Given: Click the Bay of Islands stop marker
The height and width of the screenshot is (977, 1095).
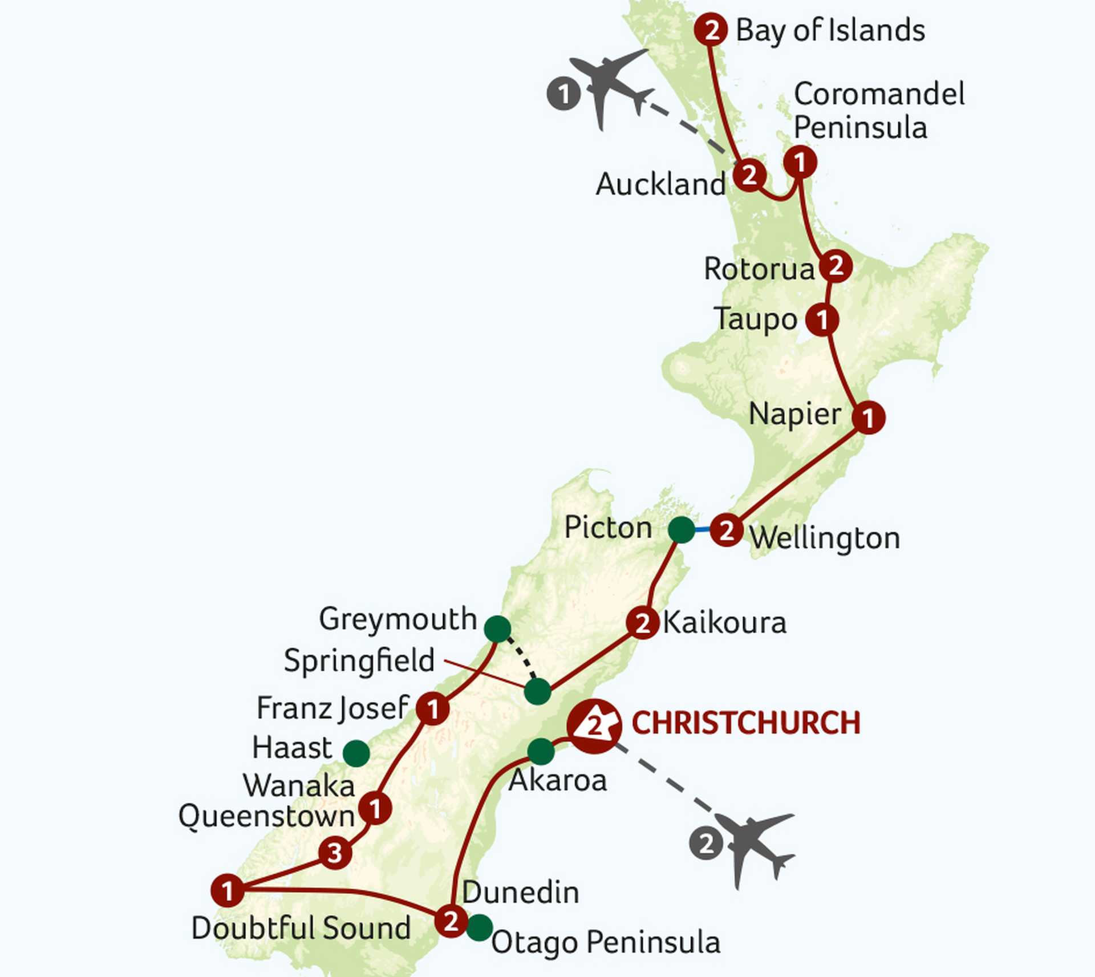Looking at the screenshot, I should pos(711,29).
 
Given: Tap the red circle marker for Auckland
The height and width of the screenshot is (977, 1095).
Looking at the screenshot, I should pos(749,175).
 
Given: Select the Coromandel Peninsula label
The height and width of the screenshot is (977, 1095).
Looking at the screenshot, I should pos(878,110).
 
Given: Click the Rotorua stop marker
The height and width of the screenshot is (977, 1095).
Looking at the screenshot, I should pos(836,266).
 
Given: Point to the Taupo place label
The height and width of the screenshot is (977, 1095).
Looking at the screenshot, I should pos(756,319).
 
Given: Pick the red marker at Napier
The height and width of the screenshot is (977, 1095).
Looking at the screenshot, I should pos(868,417).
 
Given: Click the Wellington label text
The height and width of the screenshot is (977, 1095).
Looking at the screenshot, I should pos(825,538).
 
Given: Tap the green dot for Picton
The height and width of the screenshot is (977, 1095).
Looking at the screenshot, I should pos(682,530).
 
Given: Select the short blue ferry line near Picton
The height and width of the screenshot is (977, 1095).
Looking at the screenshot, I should pos(702,530).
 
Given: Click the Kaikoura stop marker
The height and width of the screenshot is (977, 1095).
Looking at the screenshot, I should pos(643,623).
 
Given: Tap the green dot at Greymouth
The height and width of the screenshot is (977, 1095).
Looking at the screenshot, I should pos(497,629).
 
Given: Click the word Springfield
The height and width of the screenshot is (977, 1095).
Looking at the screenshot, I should pos(359,660).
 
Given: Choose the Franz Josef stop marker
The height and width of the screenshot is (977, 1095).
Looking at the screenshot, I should pos(432,709).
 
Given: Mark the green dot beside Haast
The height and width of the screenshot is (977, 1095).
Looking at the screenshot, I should pos(356,753).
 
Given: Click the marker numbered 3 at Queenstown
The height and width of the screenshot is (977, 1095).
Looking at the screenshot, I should pos(335,853).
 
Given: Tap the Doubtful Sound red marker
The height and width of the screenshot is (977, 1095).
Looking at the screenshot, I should pos(228,890).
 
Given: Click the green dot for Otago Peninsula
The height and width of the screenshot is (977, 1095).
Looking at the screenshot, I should pos(480,927).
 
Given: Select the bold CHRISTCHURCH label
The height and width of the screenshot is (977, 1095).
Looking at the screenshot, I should pos(746,723).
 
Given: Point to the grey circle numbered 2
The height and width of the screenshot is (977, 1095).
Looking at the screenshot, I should pos(706,844).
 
